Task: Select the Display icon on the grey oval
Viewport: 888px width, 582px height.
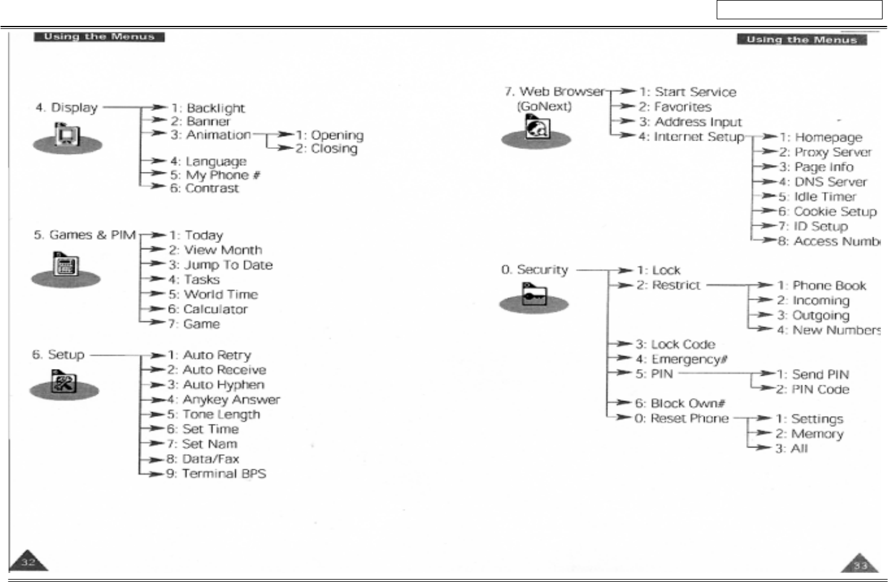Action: point(66,135)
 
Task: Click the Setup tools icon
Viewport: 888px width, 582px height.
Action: point(65,382)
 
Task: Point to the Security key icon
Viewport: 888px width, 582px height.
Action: point(534,296)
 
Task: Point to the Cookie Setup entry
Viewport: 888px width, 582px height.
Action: point(834,212)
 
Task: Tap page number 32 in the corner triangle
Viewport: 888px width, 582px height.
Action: point(28,563)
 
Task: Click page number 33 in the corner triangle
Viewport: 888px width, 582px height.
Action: point(860,565)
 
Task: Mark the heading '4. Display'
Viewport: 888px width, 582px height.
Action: point(66,108)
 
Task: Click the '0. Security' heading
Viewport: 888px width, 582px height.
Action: point(534,270)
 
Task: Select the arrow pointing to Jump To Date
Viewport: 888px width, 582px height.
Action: point(157,264)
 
